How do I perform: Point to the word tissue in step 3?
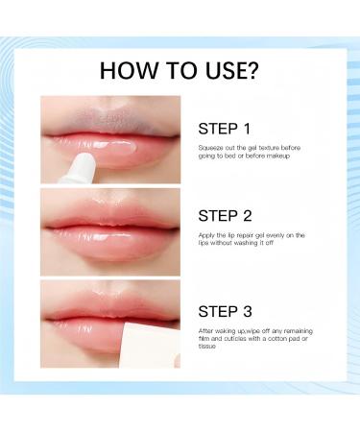point(206,347)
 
